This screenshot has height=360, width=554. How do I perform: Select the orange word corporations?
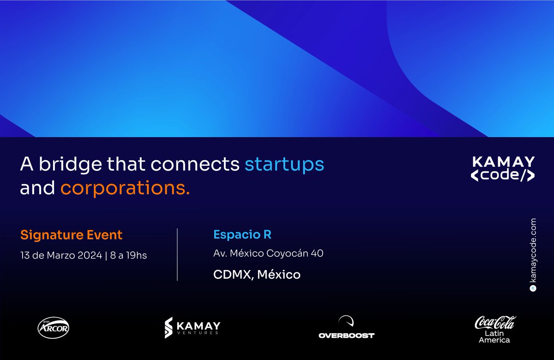tap(125, 188)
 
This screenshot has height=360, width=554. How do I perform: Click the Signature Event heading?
tap(72, 235)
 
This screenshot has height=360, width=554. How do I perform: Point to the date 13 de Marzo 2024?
tap(61, 255)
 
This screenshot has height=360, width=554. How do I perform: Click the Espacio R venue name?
tap(242, 235)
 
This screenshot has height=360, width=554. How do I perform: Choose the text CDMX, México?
tap(257, 275)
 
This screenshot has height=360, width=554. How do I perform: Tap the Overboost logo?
tap(346, 329)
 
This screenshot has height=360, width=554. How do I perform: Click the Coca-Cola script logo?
tap(495, 323)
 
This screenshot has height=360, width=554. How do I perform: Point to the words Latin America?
tap(494, 336)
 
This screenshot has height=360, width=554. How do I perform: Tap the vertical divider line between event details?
tap(177, 254)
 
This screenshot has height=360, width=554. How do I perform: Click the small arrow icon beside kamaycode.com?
tap(533, 288)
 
